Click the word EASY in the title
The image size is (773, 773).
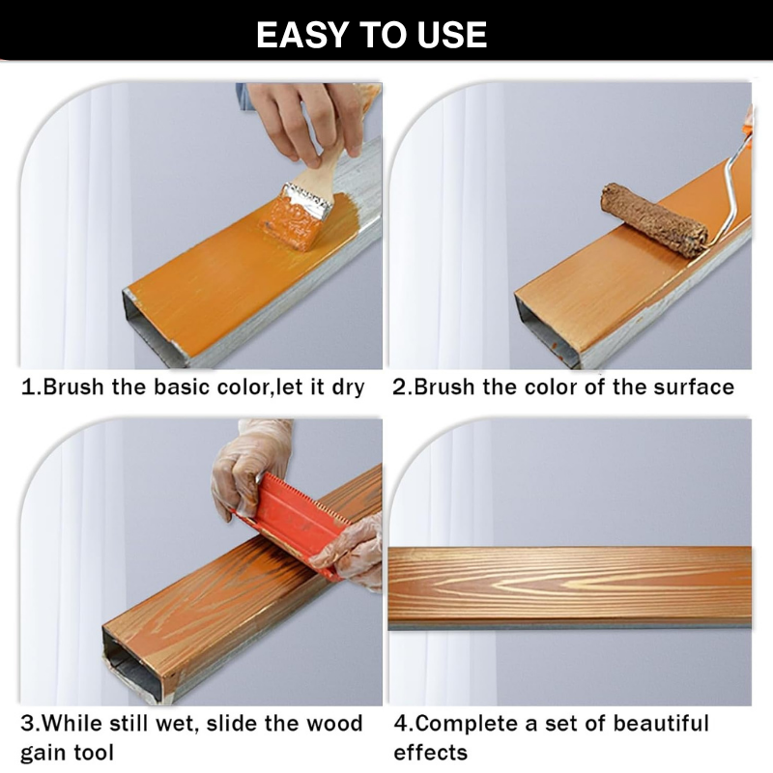302,35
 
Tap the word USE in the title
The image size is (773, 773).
452,35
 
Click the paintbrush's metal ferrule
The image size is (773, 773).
308,201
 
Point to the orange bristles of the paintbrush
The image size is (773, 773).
292,223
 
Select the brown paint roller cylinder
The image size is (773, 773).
654,219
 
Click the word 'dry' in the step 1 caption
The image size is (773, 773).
348,387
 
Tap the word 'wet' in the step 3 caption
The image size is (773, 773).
178,724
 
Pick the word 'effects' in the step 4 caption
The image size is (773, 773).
430,753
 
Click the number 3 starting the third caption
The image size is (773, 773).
27,724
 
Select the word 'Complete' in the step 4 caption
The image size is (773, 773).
466,724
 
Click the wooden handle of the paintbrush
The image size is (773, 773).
331,165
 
